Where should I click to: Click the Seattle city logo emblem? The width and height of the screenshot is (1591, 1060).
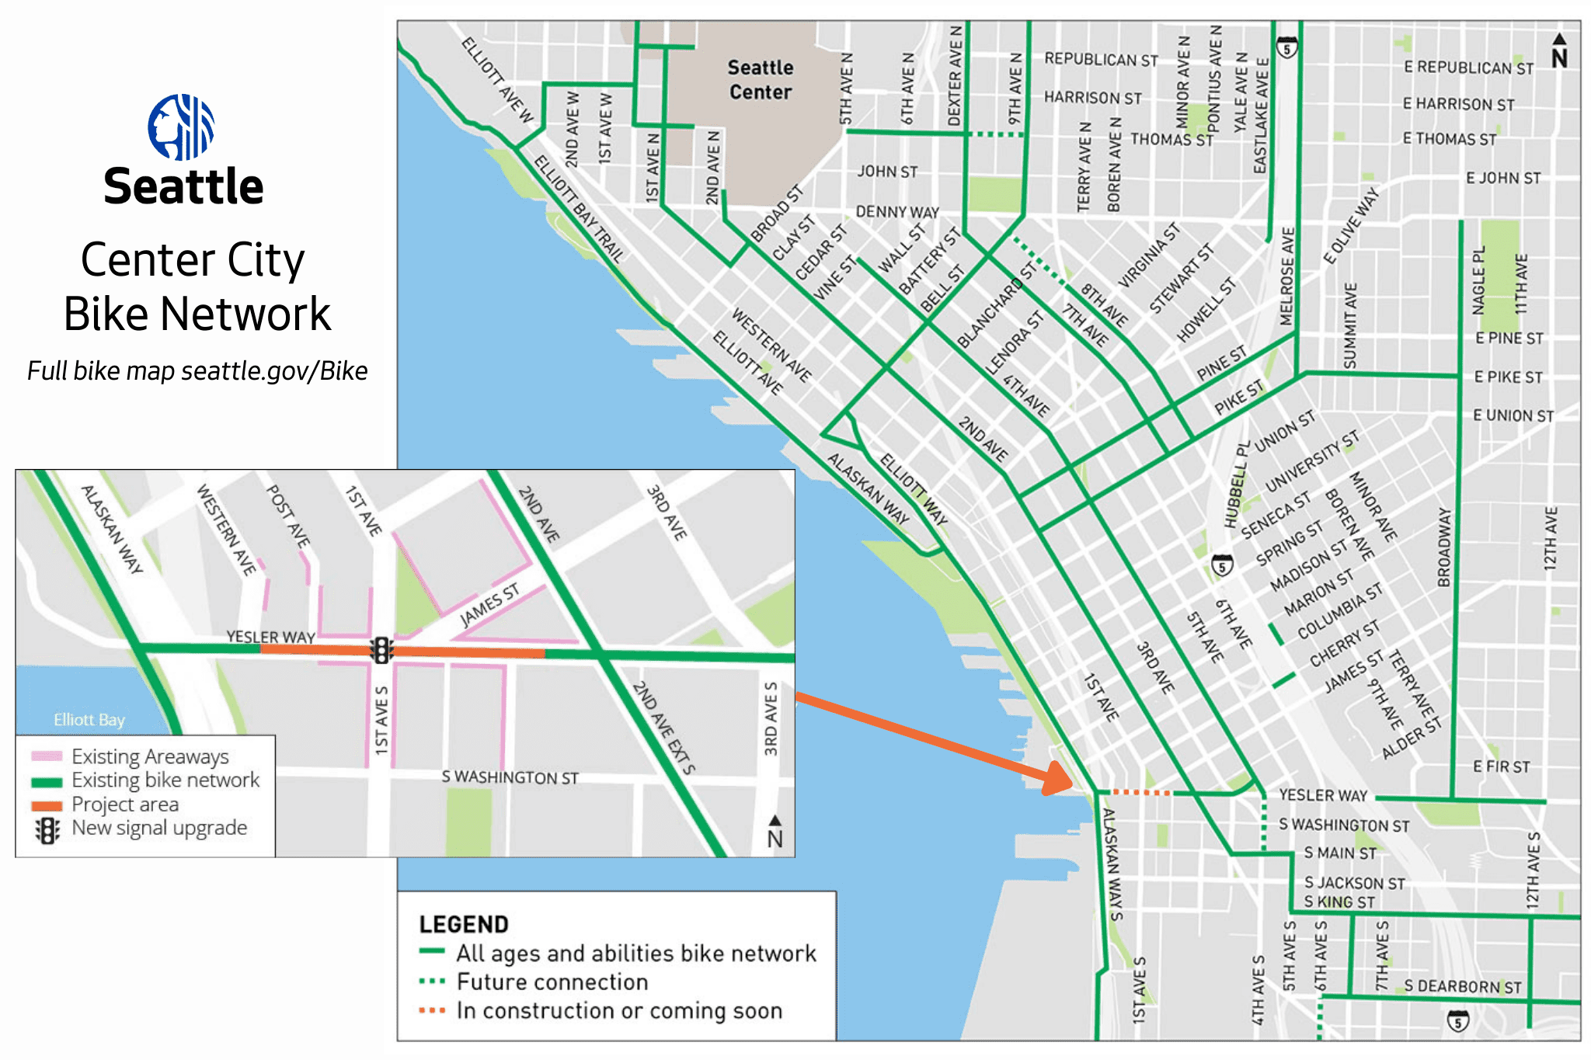[x=181, y=127]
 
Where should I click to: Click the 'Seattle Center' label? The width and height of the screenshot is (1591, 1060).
[x=760, y=80]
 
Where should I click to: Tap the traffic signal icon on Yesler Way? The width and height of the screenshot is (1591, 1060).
[x=381, y=650]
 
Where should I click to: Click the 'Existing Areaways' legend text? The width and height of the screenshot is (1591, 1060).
[x=149, y=756]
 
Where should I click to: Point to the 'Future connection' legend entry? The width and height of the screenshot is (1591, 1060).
[x=552, y=982]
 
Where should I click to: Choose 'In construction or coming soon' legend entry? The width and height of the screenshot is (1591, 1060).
[x=618, y=1011]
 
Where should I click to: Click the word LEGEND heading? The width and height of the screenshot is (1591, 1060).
[x=464, y=924]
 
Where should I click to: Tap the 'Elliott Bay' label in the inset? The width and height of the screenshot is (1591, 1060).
[x=89, y=720]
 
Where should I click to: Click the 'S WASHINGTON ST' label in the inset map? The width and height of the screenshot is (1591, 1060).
[x=510, y=777]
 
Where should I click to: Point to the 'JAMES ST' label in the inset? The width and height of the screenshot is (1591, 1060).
[x=489, y=605]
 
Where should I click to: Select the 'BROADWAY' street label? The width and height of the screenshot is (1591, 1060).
[x=1443, y=547]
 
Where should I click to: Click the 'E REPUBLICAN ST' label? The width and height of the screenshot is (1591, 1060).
[x=1468, y=68]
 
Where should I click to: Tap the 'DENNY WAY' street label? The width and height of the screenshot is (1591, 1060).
[x=896, y=212]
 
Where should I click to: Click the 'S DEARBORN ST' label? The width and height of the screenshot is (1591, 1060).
[x=1462, y=987]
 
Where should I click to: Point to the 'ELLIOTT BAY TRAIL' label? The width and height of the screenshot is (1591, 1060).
[x=579, y=208]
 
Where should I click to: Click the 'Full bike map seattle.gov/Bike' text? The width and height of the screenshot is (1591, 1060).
[x=197, y=371]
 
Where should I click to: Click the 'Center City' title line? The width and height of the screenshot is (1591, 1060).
[x=193, y=259]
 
